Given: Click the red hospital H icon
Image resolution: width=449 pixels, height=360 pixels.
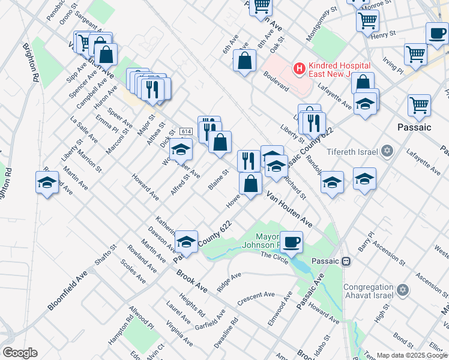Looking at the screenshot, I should [298, 69].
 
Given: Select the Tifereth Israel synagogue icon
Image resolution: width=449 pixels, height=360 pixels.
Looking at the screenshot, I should [387, 150].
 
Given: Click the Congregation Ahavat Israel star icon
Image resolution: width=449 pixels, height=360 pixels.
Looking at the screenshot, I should [403, 291].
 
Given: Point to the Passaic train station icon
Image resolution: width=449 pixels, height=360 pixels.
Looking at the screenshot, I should [346, 262].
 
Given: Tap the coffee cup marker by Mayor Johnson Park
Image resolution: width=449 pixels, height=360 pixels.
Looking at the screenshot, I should [292, 242].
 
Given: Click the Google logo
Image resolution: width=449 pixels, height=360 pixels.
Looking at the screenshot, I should [19, 353].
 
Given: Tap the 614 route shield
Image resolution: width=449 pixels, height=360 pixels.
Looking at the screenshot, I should [185, 131].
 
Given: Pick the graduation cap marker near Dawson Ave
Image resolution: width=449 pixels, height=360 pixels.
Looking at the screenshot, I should [186, 242].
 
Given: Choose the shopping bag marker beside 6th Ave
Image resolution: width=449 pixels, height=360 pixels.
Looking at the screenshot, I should [244, 61].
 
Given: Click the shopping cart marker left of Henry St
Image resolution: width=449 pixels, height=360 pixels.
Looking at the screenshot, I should [367, 22].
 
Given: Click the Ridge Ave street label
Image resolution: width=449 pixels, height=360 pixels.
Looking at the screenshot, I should [229, 282].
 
